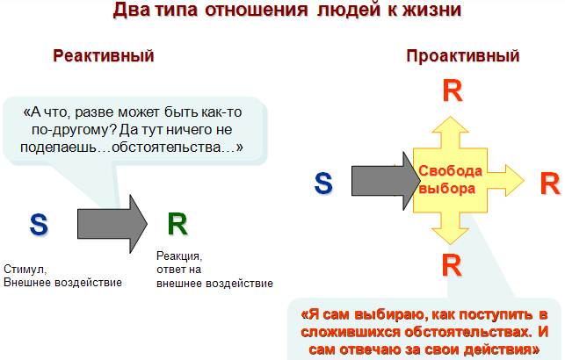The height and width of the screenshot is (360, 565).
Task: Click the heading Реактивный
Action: pyautogui.click(x=104, y=56)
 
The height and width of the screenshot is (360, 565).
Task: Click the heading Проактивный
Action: pyautogui.click(x=463, y=56)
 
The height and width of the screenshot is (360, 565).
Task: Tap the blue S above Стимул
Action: pyautogui.click(x=39, y=224)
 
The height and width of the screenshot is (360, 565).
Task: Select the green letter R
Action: pyautogui.click(x=177, y=224)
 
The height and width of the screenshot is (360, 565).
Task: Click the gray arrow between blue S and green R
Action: pyautogui.click(x=112, y=224)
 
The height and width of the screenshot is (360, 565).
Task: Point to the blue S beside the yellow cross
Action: pyautogui.click(x=323, y=183)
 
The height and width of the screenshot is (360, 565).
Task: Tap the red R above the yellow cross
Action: pyautogui.click(x=453, y=91)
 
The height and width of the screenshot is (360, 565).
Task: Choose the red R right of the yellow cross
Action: pyautogui.click(x=550, y=184)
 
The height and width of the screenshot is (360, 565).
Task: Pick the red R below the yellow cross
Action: pyautogui.click(x=452, y=265)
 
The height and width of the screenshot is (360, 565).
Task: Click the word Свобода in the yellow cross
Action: pyautogui.click(x=450, y=170)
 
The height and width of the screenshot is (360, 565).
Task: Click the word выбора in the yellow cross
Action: pyautogui.click(x=447, y=188)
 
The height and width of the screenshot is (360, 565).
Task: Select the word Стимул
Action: pyautogui.click(x=25, y=269)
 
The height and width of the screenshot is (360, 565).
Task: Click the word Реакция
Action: pyautogui.click(x=179, y=256)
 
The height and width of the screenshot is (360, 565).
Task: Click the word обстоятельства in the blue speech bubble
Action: pyautogui.click(x=166, y=147)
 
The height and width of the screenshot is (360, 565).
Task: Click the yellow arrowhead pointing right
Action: pyautogui.click(x=514, y=180)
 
